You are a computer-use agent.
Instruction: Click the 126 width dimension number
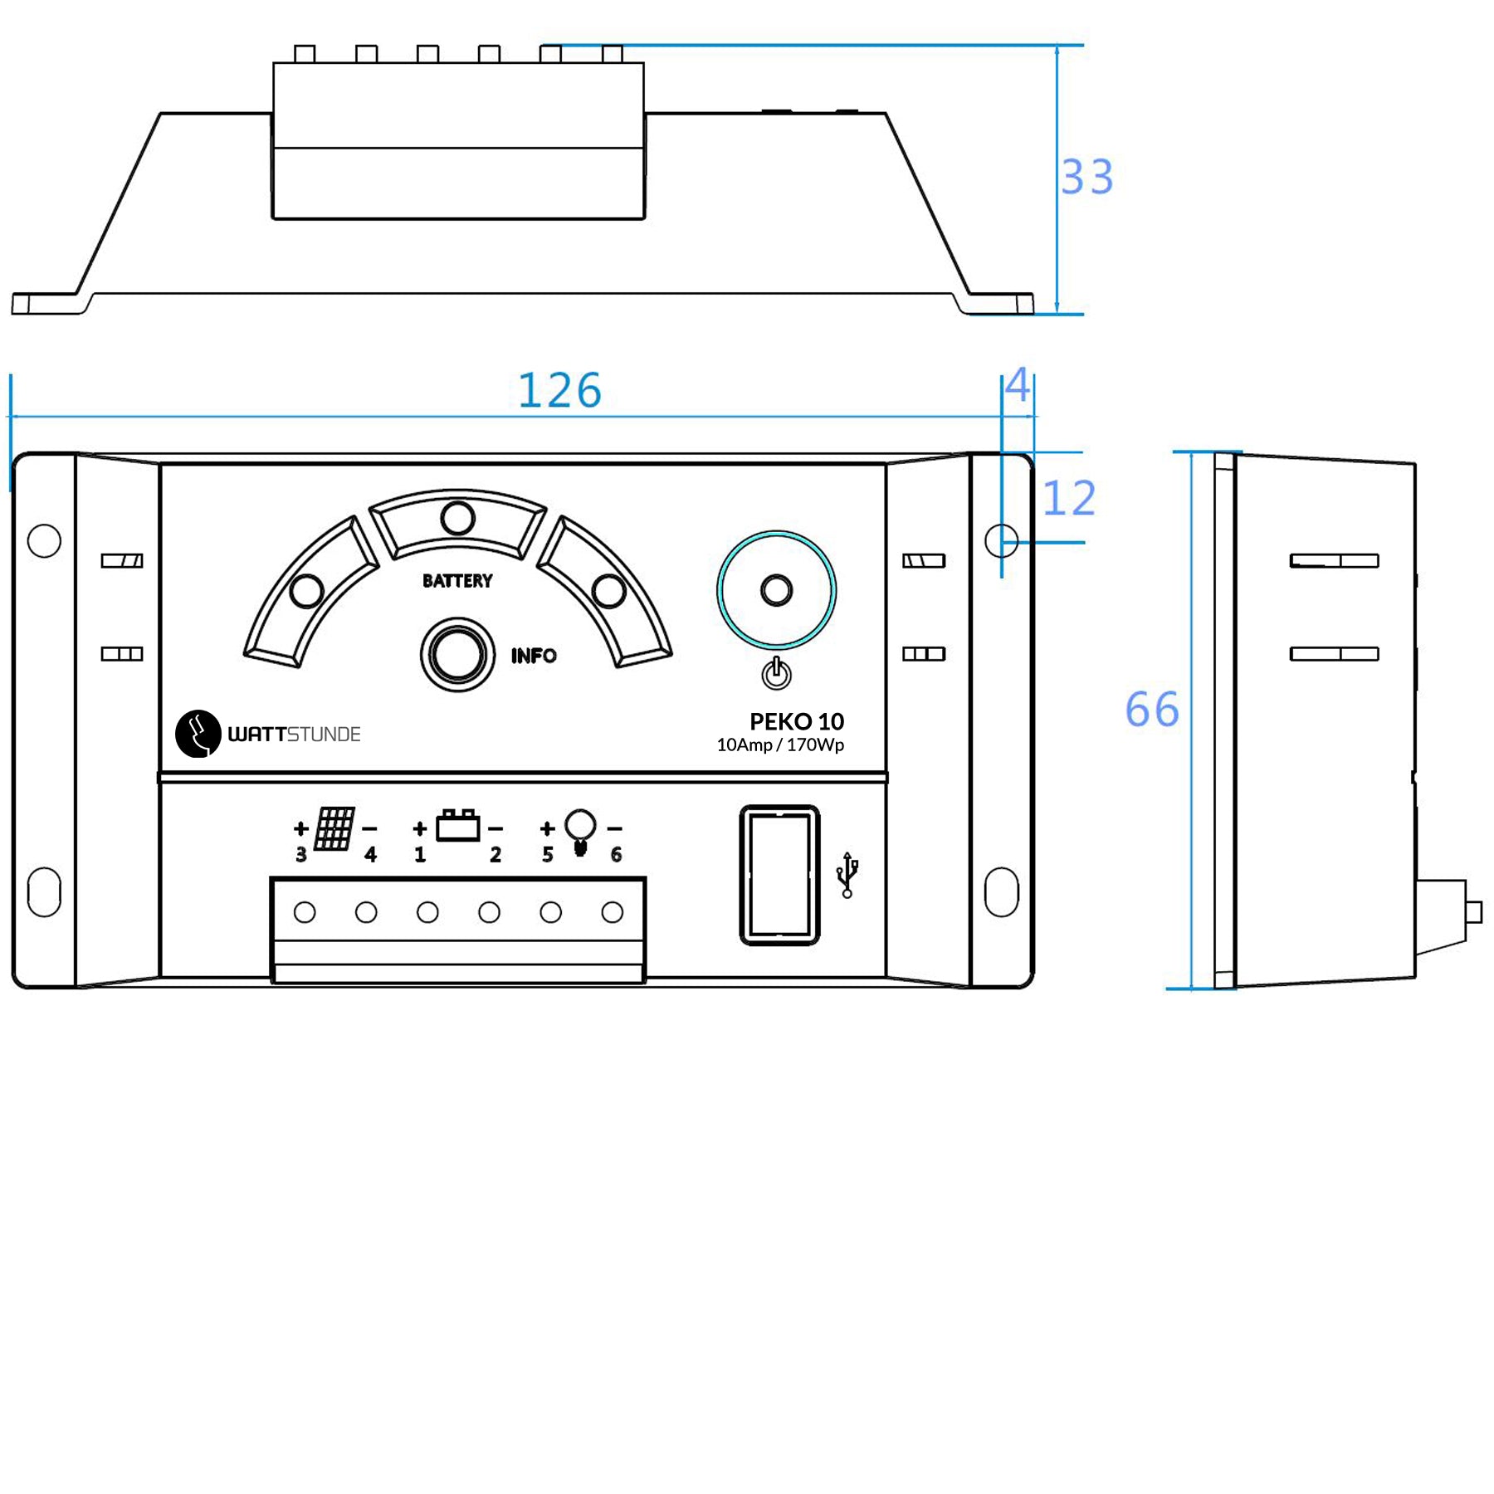[559, 390]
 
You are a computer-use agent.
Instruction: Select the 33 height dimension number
[1086, 177]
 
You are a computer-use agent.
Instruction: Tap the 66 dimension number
[1151, 710]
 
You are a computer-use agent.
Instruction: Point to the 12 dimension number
[1068, 499]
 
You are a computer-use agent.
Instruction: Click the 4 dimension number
[1018, 386]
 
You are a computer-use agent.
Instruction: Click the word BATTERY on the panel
[457, 581]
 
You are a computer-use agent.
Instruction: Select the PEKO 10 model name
[796, 721]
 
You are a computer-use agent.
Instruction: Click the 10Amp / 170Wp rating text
[780, 745]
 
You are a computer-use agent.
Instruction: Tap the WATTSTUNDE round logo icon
[198, 734]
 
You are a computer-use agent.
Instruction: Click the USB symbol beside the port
[847, 875]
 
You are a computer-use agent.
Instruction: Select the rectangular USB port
[779, 875]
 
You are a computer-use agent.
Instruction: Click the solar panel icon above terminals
[334, 828]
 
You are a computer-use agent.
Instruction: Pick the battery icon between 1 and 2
[457, 827]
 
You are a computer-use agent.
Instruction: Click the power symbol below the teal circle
[776, 673]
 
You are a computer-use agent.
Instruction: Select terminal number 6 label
[616, 855]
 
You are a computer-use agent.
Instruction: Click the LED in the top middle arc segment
[457, 519]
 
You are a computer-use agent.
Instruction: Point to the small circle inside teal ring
[776, 591]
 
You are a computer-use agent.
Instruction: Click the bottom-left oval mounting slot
[44, 892]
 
